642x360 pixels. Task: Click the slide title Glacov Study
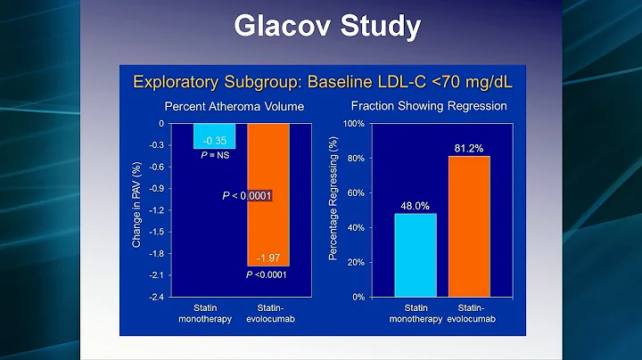pos(326,26)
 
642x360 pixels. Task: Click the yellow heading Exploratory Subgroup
pos(322,83)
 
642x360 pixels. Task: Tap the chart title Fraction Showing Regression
pos(428,106)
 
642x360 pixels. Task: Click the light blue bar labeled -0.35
pos(214,135)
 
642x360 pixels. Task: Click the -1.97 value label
pos(267,258)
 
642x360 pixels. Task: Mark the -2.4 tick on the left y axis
pos(155,297)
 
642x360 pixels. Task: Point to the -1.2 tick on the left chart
pos(155,210)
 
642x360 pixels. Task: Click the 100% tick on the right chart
pos(354,124)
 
